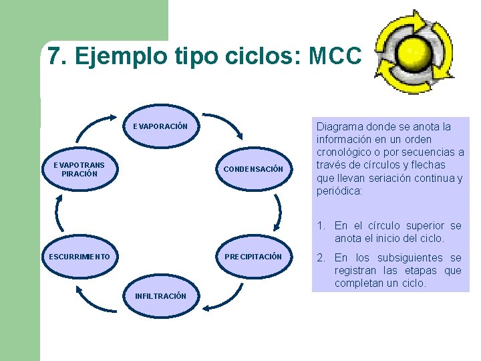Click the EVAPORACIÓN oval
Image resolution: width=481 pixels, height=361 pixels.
click(160, 126)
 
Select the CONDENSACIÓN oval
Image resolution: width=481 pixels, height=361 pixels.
click(253, 169)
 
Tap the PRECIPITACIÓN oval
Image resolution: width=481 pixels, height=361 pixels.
click(253, 257)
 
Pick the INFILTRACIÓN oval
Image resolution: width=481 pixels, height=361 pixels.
click(160, 295)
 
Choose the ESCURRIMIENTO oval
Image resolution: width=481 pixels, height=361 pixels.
click(79, 257)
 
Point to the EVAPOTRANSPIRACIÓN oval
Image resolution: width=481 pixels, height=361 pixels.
click(79, 169)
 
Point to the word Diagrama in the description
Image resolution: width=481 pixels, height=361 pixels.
click(341, 126)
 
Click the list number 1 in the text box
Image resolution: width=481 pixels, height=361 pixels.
click(321, 226)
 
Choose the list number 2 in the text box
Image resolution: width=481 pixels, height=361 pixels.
click(321, 258)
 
